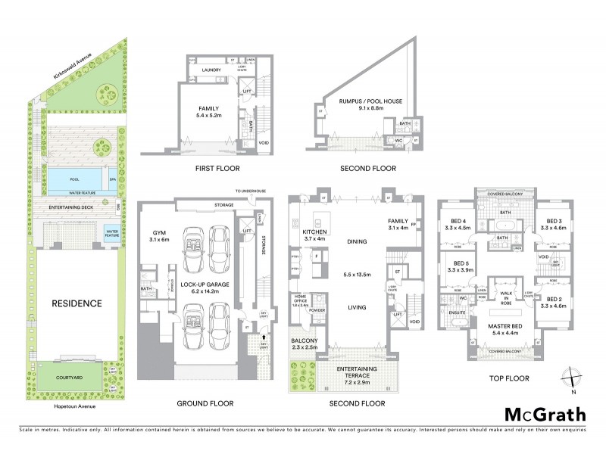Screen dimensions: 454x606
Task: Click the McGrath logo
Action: (x=545, y=414)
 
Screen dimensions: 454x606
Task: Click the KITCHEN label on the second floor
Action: (x=314, y=233)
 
